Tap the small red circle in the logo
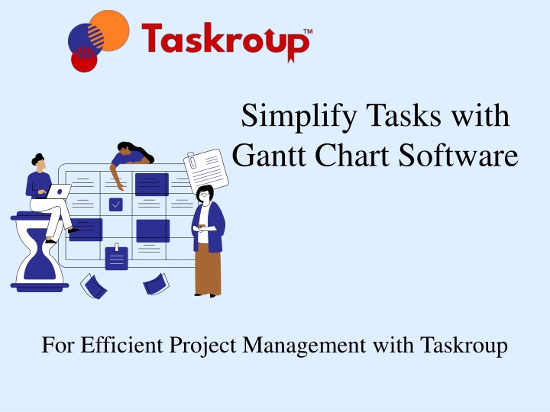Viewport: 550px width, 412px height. (x=84, y=60)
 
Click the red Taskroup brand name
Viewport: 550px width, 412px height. (x=226, y=42)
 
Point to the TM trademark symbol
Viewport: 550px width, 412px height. (x=308, y=31)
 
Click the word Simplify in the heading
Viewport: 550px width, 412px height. (x=299, y=117)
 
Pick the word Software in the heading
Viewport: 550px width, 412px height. (x=458, y=154)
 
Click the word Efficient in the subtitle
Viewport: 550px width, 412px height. (x=122, y=345)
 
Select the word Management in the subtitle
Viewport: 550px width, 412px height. (x=304, y=346)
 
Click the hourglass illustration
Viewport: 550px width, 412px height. (x=39, y=252)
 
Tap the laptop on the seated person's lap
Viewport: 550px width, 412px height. (x=58, y=192)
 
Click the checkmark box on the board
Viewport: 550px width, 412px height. (x=116, y=204)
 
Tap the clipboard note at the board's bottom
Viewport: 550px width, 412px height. (x=116, y=258)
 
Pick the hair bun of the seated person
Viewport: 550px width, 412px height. (x=37, y=159)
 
